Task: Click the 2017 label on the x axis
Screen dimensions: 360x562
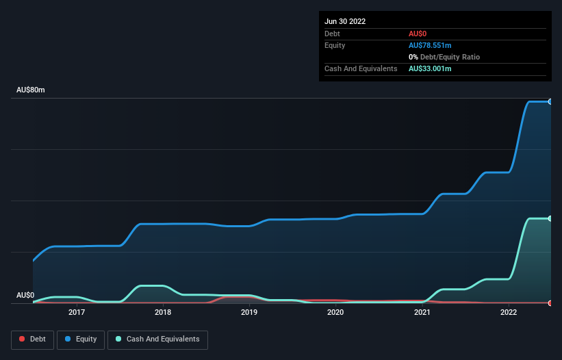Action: tap(77, 312)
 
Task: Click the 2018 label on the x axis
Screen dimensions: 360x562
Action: tap(163, 312)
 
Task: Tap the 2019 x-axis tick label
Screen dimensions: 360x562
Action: tap(249, 312)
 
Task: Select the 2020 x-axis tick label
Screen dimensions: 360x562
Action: tap(335, 312)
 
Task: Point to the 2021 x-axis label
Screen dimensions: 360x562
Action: tap(422, 312)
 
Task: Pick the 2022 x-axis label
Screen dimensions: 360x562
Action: tap(508, 312)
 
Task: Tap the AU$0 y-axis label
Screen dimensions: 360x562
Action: tap(25, 295)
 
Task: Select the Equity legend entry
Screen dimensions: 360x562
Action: tap(80, 339)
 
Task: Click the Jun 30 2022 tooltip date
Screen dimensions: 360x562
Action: tap(345, 21)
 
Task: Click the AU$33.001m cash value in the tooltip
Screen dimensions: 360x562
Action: tap(430, 68)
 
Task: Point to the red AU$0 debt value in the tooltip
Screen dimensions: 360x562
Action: tap(419, 34)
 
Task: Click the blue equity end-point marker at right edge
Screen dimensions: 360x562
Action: tap(550, 101)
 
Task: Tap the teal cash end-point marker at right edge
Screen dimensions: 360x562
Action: tap(550, 218)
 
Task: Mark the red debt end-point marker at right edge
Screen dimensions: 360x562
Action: tap(550, 303)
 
